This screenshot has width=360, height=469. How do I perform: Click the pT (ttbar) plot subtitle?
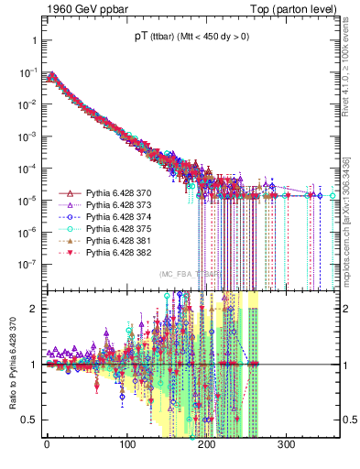(185, 41)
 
